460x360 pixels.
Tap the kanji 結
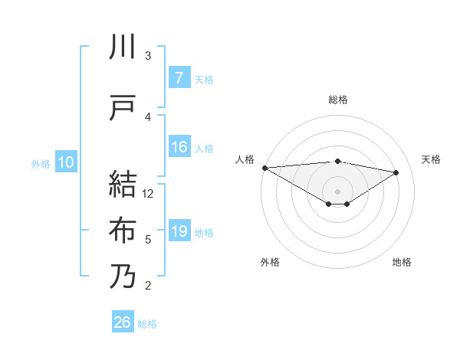tap(123, 183)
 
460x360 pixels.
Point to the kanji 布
tap(123, 231)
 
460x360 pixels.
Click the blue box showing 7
tap(179, 78)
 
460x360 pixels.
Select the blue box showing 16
tap(179, 148)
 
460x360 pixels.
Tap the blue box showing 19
tap(179, 231)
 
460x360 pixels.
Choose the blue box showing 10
tap(65, 162)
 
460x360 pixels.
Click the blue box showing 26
tap(123, 323)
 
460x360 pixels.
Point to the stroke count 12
tap(149, 194)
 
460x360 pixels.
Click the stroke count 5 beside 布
tap(148, 240)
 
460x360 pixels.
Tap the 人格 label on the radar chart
tap(245, 159)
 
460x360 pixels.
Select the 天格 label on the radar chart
tap(432, 159)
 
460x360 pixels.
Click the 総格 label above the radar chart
tap(338, 100)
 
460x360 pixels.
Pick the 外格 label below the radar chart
tap(270, 262)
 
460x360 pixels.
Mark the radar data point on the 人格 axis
tap(264, 168)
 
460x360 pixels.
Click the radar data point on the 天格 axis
tap(396, 172)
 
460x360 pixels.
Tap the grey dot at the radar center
tap(337, 190)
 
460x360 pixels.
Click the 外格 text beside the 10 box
tap(41, 163)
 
